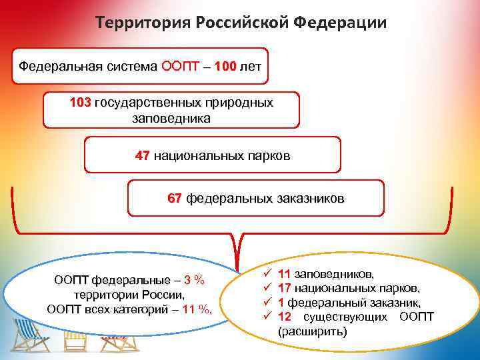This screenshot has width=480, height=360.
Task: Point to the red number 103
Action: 81,103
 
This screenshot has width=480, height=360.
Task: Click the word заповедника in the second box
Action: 171,119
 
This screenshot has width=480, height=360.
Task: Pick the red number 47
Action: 142,155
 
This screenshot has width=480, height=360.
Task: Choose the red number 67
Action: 175,198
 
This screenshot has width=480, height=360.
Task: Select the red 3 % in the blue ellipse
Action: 194,279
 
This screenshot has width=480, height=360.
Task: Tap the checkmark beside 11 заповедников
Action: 266,273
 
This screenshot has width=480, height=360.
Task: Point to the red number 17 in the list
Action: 284,288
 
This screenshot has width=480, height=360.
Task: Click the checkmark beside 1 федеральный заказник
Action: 266,303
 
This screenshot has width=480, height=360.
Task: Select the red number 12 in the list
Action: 284,317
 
